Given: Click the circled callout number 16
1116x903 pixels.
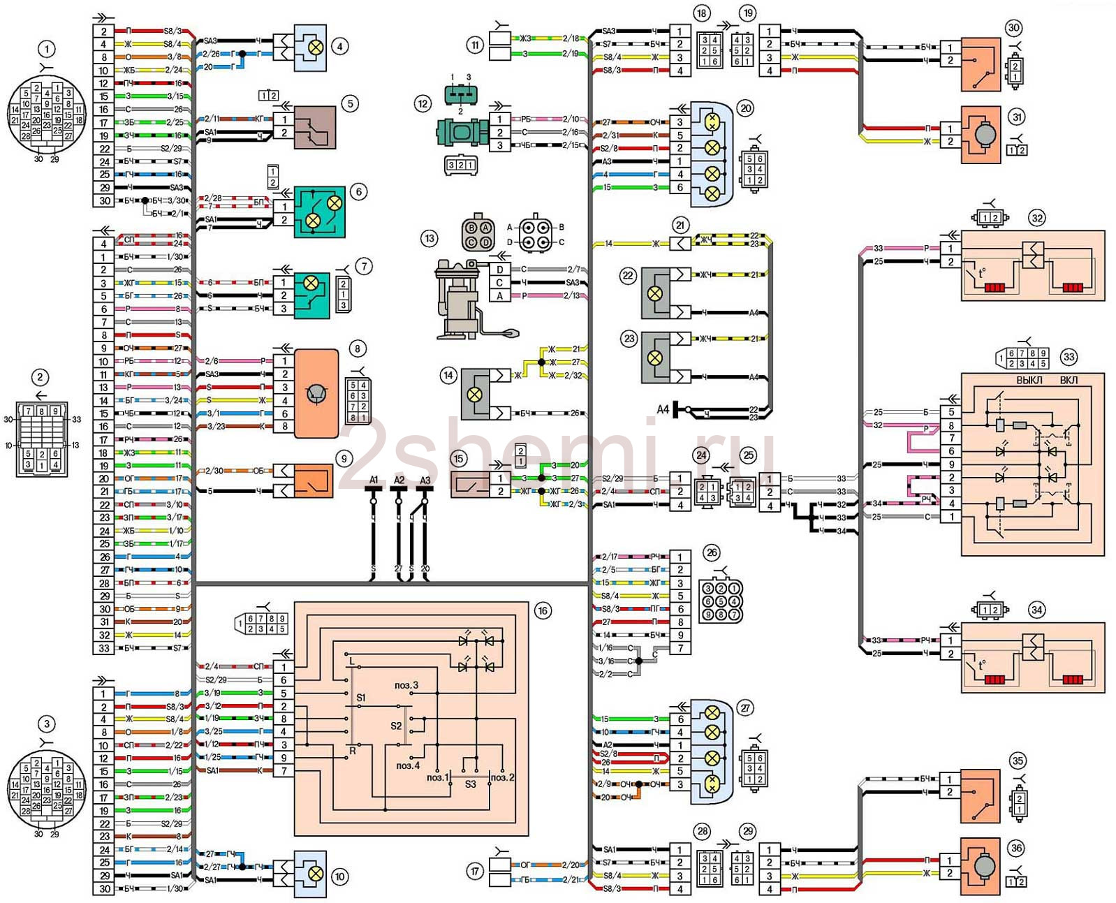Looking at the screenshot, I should [542, 611].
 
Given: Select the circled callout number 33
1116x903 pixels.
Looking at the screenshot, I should [1069, 357].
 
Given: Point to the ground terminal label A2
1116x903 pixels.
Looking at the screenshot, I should [399, 480].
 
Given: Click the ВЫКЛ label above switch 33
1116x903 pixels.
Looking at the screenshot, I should [1029, 380].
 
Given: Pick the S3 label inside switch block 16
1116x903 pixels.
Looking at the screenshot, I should [470, 784].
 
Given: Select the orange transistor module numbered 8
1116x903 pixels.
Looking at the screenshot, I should [316, 394].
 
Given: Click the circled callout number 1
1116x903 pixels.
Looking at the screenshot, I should [47, 49].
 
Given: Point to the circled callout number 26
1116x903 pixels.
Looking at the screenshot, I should [712, 552].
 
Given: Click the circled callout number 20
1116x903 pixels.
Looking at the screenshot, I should [746, 108].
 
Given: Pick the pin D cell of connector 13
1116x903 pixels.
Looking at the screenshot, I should [500, 270].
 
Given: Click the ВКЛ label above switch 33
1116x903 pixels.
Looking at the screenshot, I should [1069, 380].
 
